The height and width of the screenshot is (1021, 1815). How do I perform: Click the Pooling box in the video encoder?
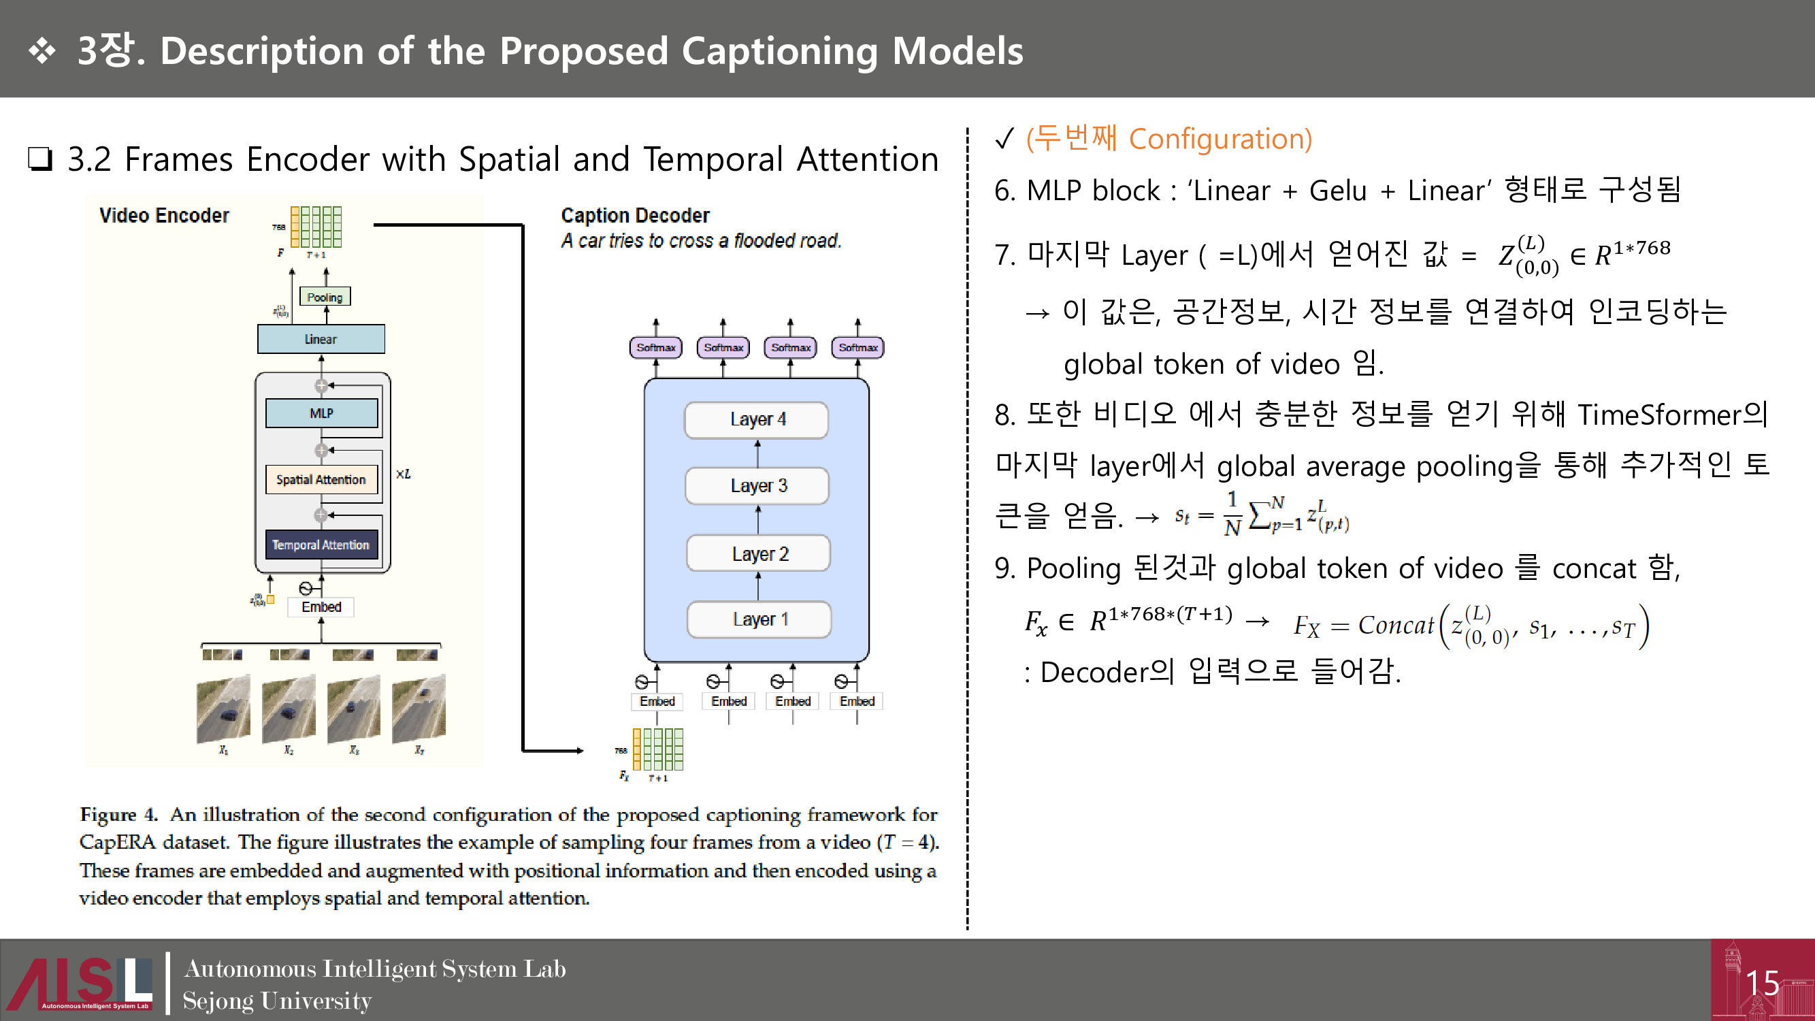[325, 297]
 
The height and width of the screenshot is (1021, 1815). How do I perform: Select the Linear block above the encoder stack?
[321, 339]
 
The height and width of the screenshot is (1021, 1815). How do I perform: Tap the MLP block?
[321, 413]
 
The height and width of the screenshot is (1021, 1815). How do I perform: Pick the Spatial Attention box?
[321, 479]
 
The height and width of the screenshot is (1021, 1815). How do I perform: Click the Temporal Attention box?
[321, 545]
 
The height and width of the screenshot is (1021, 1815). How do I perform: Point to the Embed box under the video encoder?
[321, 606]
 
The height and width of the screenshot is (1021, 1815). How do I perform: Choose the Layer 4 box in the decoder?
[757, 420]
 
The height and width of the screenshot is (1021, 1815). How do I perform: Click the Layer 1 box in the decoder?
[759, 619]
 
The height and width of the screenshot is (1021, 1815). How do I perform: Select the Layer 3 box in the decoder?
[757, 485]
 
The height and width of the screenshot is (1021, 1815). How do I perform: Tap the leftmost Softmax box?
[655, 347]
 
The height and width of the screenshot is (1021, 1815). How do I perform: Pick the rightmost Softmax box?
[857, 347]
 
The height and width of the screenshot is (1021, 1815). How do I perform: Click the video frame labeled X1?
[223, 709]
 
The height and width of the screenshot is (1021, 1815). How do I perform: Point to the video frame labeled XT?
[419, 709]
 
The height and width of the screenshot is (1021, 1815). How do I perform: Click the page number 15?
[1762, 983]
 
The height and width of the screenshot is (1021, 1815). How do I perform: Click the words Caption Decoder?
[635, 215]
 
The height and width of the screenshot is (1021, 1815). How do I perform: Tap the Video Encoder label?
[164, 215]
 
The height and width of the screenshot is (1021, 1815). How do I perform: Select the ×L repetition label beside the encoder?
[403, 474]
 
